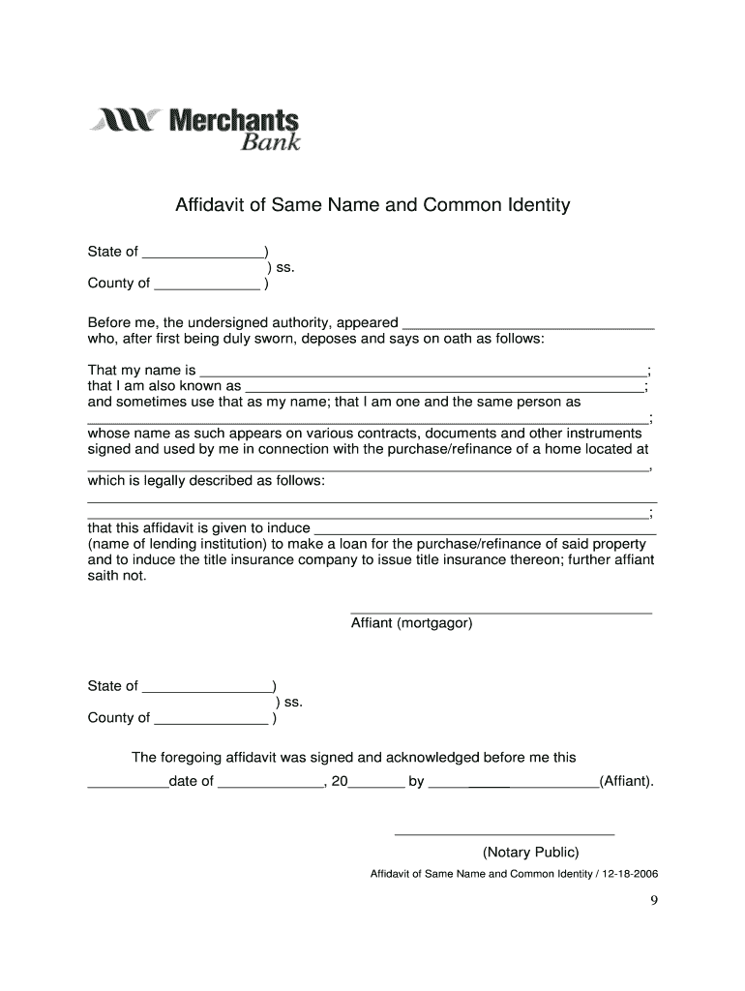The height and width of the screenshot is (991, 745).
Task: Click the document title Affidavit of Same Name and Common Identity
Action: point(372,205)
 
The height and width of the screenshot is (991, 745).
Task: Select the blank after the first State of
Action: point(201,255)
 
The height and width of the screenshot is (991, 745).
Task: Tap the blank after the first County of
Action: point(207,285)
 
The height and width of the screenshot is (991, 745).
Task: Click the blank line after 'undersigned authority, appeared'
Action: point(527,325)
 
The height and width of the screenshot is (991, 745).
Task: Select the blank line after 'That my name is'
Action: point(422,373)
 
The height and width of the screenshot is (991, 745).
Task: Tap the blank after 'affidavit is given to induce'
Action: point(486,530)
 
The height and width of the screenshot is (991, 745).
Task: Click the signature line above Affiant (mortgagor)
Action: point(500,612)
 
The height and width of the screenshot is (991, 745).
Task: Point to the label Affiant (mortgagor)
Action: point(411,624)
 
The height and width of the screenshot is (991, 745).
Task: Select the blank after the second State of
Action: point(206,689)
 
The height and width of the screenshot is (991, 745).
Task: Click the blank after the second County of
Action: point(211,720)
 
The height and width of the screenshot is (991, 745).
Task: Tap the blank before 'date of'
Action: point(128,784)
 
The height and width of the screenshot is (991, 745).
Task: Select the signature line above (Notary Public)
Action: point(503,832)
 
